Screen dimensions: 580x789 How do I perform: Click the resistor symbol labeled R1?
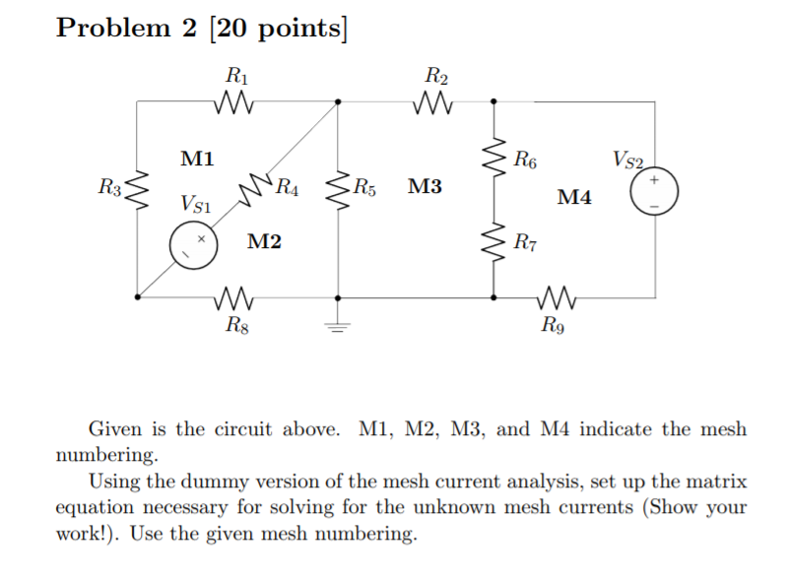click(x=237, y=101)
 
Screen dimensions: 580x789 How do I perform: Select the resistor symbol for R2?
click(x=434, y=101)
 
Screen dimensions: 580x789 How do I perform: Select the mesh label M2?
click(x=264, y=241)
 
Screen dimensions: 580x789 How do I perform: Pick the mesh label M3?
click(x=426, y=185)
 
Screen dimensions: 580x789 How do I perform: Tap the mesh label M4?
click(x=574, y=198)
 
